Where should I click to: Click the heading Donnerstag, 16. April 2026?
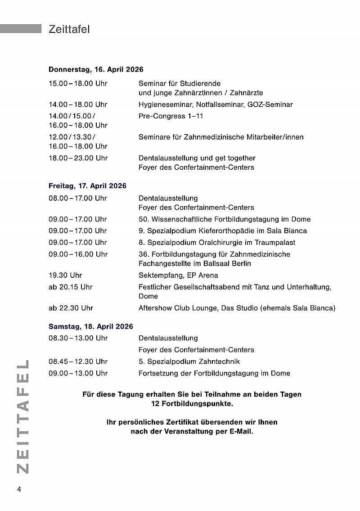pyautogui.click(x=96, y=69)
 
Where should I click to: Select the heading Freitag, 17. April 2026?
pyautogui.click(x=87, y=185)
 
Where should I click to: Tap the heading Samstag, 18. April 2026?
pyautogui.click(x=91, y=326)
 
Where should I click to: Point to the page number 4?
pyautogui.click(x=19, y=489)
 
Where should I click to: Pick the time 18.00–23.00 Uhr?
pyautogui.click(x=78, y=158)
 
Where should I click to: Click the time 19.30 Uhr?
pyautogui.click(x=65, y=275)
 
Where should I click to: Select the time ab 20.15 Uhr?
pyautogui.click(x=71, y=287)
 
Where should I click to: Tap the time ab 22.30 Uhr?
pyautogui.click(x=71, y=308)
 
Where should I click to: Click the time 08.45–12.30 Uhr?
pyautogui.click(x=78, y=362)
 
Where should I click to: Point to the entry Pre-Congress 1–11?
pyautogui.click(x=171, y=116)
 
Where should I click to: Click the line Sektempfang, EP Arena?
pyautogui.click(x=178, y=275)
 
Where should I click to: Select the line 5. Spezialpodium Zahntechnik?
pyautogui.click(x=189, y=362)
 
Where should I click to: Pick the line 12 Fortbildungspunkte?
pyautogui.click(x=192, y=404)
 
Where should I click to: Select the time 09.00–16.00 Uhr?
pyautogui.click(x=78, y=254)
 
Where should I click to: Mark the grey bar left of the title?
pyautogui.click(x=21, y=29)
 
